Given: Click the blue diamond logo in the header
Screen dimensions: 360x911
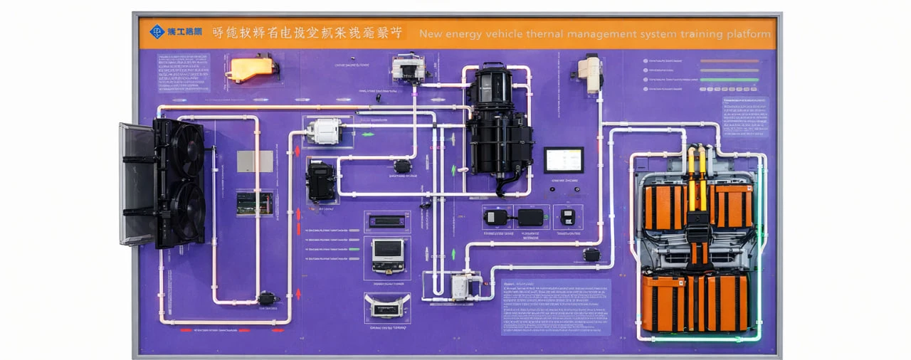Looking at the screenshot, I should tap(157, 32).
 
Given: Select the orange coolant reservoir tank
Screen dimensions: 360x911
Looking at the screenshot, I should tap(251, 69).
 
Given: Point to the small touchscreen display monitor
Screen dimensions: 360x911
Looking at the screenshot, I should tap(564, 160).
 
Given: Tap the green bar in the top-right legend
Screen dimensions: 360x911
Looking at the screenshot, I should tap(730, 80).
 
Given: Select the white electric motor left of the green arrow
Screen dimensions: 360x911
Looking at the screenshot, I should tap(325, 131).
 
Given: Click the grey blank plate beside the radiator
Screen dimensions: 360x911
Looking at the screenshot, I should tap(255, 161).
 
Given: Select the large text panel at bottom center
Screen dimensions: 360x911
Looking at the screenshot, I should tap(557, 306).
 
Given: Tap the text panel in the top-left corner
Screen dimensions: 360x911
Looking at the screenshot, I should tap(184, 73).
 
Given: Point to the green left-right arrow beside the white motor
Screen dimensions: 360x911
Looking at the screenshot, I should tap(367, 133).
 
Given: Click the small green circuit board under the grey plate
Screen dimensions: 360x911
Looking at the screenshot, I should tap(254, 203).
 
